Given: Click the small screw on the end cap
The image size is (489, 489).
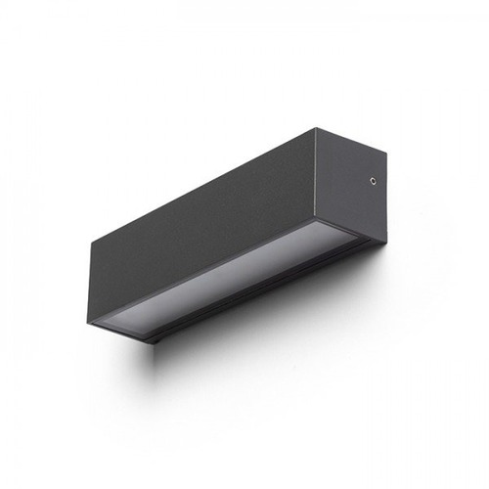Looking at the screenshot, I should [x=374, y=179].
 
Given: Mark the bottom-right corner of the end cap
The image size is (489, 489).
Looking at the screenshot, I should [x=383, y=240].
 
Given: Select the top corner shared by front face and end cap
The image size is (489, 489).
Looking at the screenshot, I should [x=317, y=128].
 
